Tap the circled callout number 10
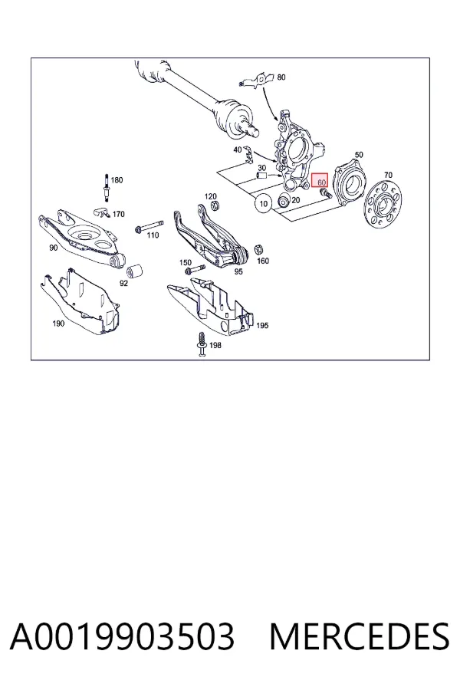point(263,203)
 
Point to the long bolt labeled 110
point(149,226)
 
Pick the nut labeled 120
point(215,205)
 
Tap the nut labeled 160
point(259,248)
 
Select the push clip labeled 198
point(202,343)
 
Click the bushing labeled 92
point(134,271)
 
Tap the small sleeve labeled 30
point(262,176)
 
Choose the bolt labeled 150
point(195,268)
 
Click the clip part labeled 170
point(103,212)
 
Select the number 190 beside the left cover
point(58,324)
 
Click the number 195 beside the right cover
point(262,325)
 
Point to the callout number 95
point(238,271)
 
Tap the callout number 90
point(53,248)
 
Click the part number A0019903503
point(122,637)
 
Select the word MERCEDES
point(360,637)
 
